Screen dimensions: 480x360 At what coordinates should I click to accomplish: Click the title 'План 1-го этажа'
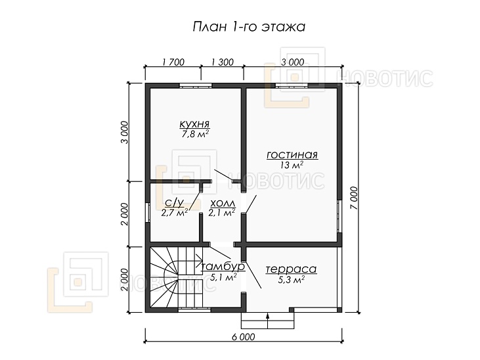pos(249,27)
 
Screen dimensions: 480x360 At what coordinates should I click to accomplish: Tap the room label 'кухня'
pos(194,124)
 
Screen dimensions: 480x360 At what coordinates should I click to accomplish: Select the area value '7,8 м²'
pos(195,134)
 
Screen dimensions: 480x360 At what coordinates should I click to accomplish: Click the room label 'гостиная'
pos(292,155)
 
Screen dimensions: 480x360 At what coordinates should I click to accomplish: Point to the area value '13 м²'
pos(292,165)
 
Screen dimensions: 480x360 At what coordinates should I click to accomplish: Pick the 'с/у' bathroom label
pos(174,202)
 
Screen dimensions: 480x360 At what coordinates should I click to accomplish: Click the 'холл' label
pos(223,203)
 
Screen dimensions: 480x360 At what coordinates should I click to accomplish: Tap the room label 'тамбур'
pos(223,267)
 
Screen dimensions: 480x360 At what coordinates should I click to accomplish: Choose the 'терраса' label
pos(291,269)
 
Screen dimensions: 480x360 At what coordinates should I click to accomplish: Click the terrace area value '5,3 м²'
pos(291,279)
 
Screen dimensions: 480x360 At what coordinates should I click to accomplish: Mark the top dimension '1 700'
pos(173,62)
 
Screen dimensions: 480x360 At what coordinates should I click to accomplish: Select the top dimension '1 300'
pos(223,62)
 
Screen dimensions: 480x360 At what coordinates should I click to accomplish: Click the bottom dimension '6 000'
pos(244,337)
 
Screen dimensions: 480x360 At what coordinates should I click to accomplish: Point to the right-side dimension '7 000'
pos(354,198)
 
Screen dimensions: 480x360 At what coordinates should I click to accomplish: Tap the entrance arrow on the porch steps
pos(267,321)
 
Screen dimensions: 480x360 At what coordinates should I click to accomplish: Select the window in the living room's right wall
pos(339,216)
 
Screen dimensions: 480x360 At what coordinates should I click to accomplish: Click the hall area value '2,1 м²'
pos(222,212)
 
